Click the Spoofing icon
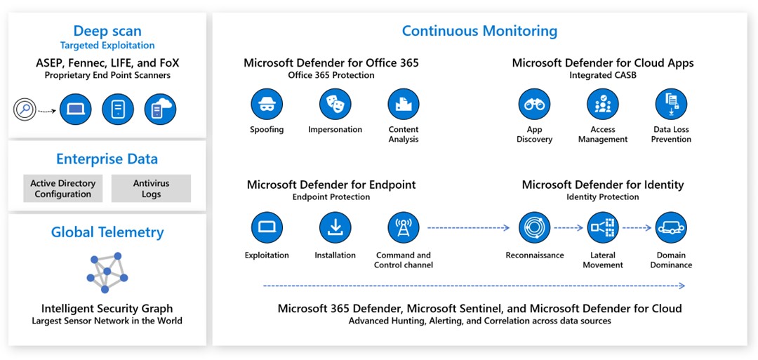pos(267,105)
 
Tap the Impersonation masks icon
pos(335,105)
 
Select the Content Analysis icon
pos(404,105)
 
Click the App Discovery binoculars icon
pos(534,105)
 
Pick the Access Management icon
pos(603,105)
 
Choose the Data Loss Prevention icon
pos(671,105)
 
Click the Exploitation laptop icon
pos(267,227)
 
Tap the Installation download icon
pos(335,227)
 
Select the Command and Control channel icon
pos(404,227)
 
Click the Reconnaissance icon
pos(534,227)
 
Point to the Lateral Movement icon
pos(603,227)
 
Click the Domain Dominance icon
pos(671,227)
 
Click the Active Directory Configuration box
pos(63,189)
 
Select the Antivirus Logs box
pos(151,189)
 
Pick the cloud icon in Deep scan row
pos(160,109)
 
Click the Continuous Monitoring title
pos(479,31)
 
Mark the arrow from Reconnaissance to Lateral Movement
pos(568,227)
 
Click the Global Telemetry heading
pos(107,232)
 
